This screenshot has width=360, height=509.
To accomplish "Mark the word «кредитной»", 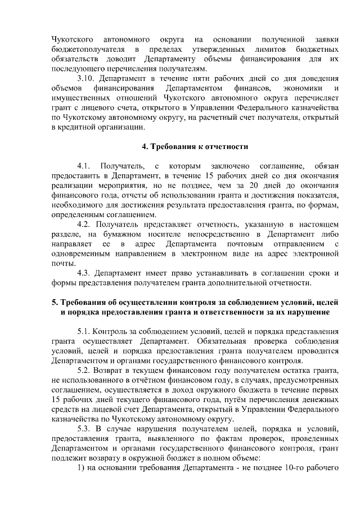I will click(x=85, y=129).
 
